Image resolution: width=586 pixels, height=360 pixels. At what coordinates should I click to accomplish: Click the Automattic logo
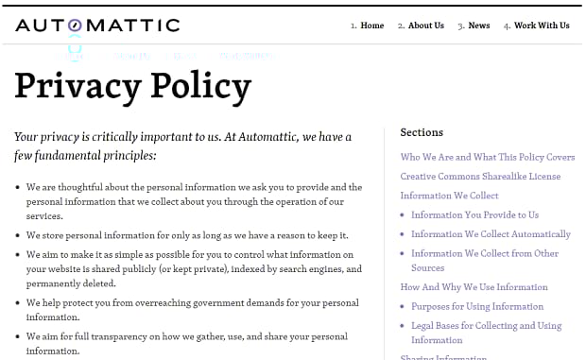click(97, 25)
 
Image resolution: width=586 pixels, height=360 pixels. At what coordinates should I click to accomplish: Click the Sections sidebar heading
click(422, 132)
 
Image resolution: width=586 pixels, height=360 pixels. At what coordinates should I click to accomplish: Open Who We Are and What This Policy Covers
click(487, 158)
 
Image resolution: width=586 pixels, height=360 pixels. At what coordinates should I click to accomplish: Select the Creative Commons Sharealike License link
click(480, 177)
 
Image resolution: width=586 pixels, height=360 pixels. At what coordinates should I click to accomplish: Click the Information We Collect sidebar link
click(449, 196)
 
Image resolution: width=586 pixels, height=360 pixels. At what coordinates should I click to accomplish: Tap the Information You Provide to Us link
click(474, 214)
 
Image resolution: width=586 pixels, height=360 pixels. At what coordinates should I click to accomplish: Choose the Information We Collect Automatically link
click(491, 233)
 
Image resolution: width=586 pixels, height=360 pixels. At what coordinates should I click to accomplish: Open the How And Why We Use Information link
click(474, 287)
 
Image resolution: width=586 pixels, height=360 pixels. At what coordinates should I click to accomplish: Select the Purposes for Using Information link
click(477, 306)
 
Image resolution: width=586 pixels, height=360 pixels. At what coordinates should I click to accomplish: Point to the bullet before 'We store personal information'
click(19, 235)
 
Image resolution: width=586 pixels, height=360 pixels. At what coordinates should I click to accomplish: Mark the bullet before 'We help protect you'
click(19, 303)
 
